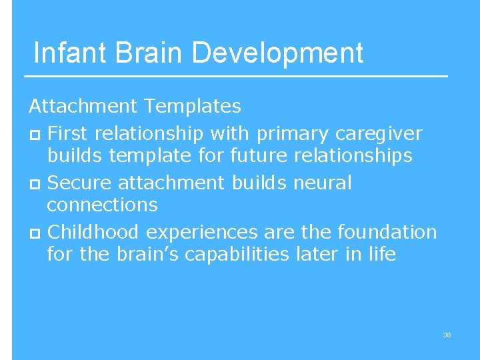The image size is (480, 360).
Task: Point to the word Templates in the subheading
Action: click(x=193, y=105)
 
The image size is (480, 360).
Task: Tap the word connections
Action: click(x=102, y=205)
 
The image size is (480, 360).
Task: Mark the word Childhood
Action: click(x=94, y=232)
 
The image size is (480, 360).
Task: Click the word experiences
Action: click(x=201, y=232)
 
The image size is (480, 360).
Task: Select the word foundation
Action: click(x=387, y=232)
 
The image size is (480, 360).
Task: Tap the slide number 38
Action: click(x=447, y=335)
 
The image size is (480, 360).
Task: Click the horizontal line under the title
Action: click(x=240, y=77)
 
